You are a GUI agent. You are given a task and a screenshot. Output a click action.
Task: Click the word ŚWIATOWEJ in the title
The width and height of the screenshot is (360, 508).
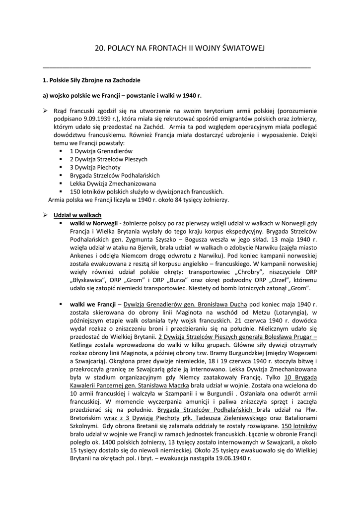(243, 48)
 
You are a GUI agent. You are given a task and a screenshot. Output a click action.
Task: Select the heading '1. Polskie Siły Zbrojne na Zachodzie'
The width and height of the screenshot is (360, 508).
(91, 80)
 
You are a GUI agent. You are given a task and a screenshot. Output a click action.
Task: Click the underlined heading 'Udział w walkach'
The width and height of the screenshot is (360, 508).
(77, 215)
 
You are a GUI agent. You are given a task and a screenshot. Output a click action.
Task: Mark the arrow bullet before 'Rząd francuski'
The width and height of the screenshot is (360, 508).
(45, 111)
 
